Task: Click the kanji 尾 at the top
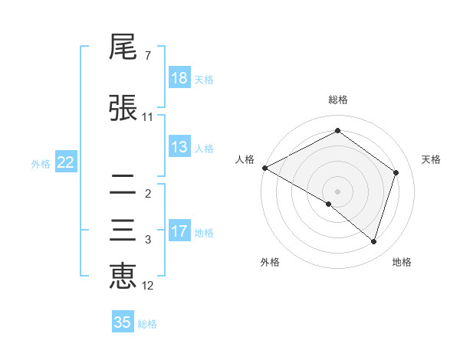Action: click(x=123, y=48)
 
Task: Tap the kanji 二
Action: click(x=123, y=184)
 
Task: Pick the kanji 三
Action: click(x=123, y=231)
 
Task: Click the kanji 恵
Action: click(x=123, y=277)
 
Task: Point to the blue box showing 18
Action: click(x=179, y=77)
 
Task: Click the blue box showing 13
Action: click(x=179, y=148)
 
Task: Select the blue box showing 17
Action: click(x=179, y=231)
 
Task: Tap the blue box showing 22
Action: click(x=66, y=162)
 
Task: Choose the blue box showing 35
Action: click(x=123, y=322)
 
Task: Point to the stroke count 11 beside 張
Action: click(x=148, y=117)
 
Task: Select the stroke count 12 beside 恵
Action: click(x=148, y=286)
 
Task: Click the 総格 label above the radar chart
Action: click(x=337, y=100)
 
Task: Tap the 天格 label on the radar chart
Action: click(x=432, y=159)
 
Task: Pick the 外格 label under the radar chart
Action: click(x=270, y=262)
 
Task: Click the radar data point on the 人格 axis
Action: click(x=264, y=168)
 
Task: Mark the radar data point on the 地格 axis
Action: click(x=373, y=242)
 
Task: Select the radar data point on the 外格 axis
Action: click(x=329, y=204)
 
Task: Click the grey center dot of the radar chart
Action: click(x=337, y=191)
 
